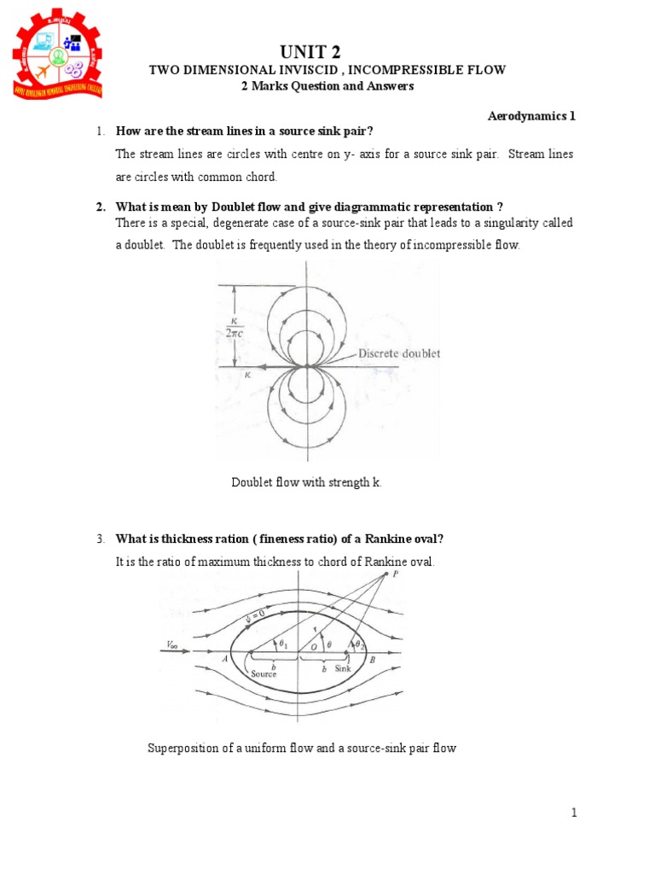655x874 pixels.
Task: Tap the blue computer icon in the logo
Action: coord(43,40)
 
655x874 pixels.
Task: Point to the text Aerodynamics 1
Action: coord(531,116)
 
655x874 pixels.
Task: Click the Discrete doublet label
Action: coord(398,353)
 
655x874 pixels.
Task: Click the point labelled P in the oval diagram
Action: coord(395,574)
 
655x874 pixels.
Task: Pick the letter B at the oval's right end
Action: coord(373,660)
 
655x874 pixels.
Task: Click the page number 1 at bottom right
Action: coord(574,813)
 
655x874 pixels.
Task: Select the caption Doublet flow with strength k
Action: coord(307,482)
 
